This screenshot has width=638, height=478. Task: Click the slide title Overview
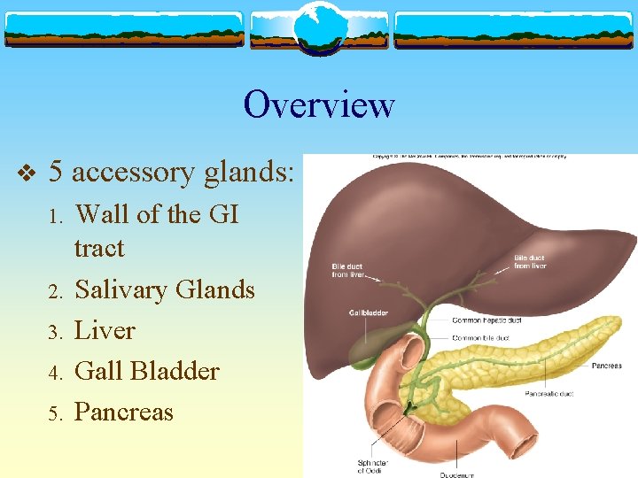[x=319, y=104]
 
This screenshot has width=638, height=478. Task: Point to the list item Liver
[x=105, y=330]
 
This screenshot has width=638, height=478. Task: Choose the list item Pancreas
[x=124, y=412]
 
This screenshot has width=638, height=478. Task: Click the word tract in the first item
[x=99, y=248]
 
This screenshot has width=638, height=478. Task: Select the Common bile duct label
[x=479, y=338]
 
